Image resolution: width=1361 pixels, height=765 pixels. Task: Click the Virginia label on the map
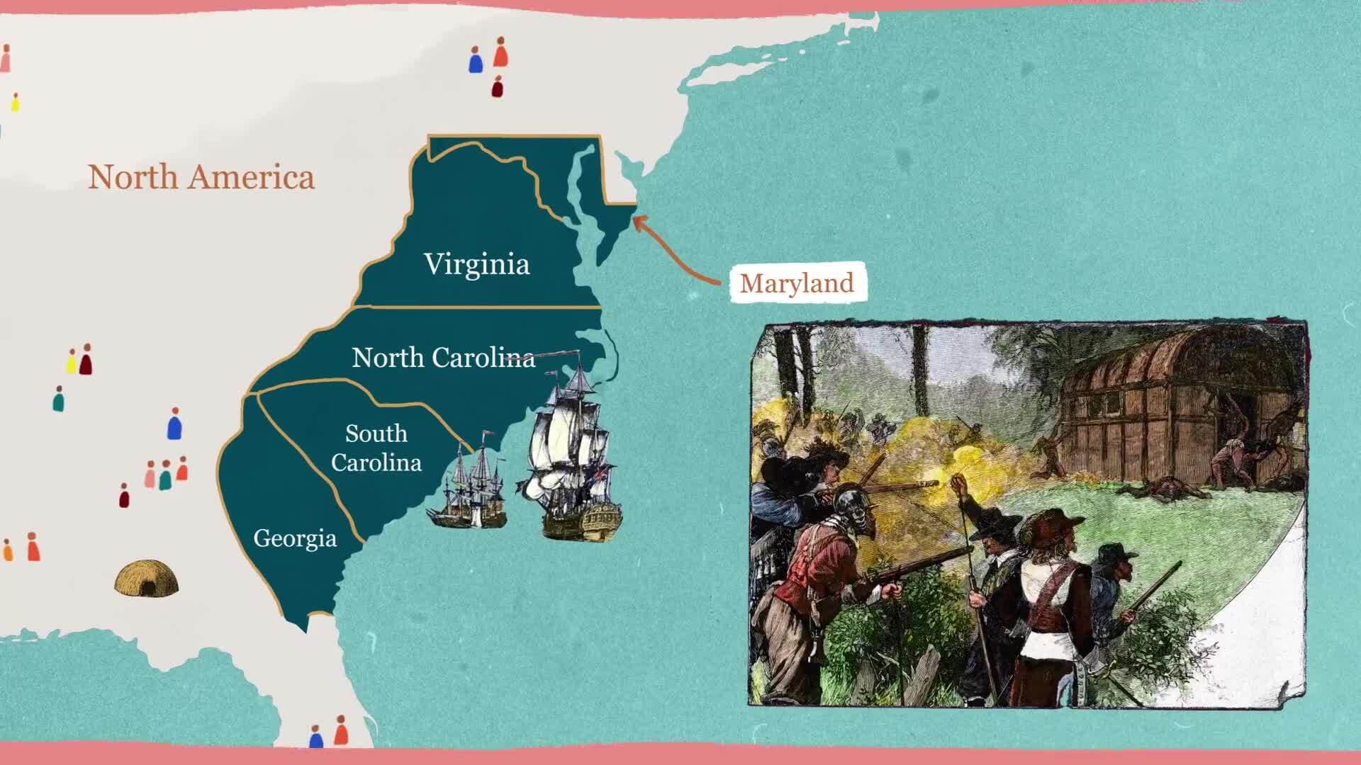click(x=477, y=264)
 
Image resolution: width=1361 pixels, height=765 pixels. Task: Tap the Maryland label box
click(x=797, y=283)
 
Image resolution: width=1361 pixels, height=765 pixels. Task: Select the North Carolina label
click(x=443, y=358)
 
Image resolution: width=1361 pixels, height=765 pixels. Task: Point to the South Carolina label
click(x=376, y=448)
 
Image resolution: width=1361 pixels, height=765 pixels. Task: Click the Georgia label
click(x=295, y=538)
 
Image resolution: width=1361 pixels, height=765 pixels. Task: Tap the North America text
click(x=201, y=177)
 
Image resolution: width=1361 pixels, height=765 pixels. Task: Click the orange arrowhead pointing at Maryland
click(x=637, y=222)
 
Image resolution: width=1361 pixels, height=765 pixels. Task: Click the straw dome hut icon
click(x=146, y=578)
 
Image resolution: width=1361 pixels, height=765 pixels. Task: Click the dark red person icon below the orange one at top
click(x=498, y=87)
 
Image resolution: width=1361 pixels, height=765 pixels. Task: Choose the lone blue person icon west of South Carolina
click(x=174, y=424)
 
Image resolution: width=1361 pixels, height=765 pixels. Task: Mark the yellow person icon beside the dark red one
click(x=72, y=361)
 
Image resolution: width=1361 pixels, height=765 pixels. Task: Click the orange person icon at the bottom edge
click(x=341, y=730)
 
